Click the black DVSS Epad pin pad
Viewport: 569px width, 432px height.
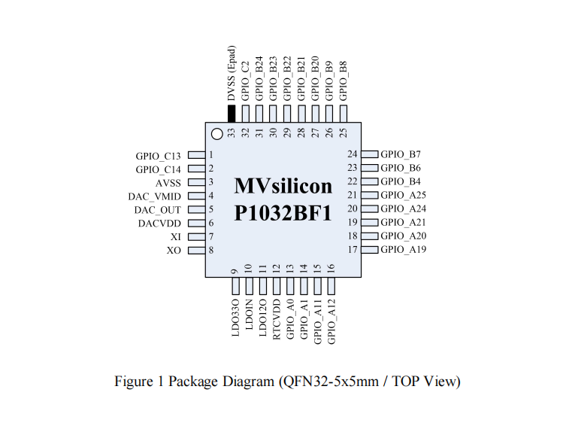tap(232, 113)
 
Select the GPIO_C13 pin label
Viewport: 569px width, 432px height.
tap(159, 156)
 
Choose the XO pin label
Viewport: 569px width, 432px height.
tap(174, 251)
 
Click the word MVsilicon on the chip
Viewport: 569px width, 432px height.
tap(283, 186)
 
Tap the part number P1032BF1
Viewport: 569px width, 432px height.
tap(283, 213)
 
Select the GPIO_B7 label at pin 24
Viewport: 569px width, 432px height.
tap(401, 154)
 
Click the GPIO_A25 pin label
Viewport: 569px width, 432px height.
tap(404, 195)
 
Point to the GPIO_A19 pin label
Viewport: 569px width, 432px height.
tap(404, 250)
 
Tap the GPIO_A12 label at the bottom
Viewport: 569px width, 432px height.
tap(331, 321)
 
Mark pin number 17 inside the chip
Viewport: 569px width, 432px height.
tap(353, 250)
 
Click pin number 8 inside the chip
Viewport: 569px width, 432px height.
tap(211, 251)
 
